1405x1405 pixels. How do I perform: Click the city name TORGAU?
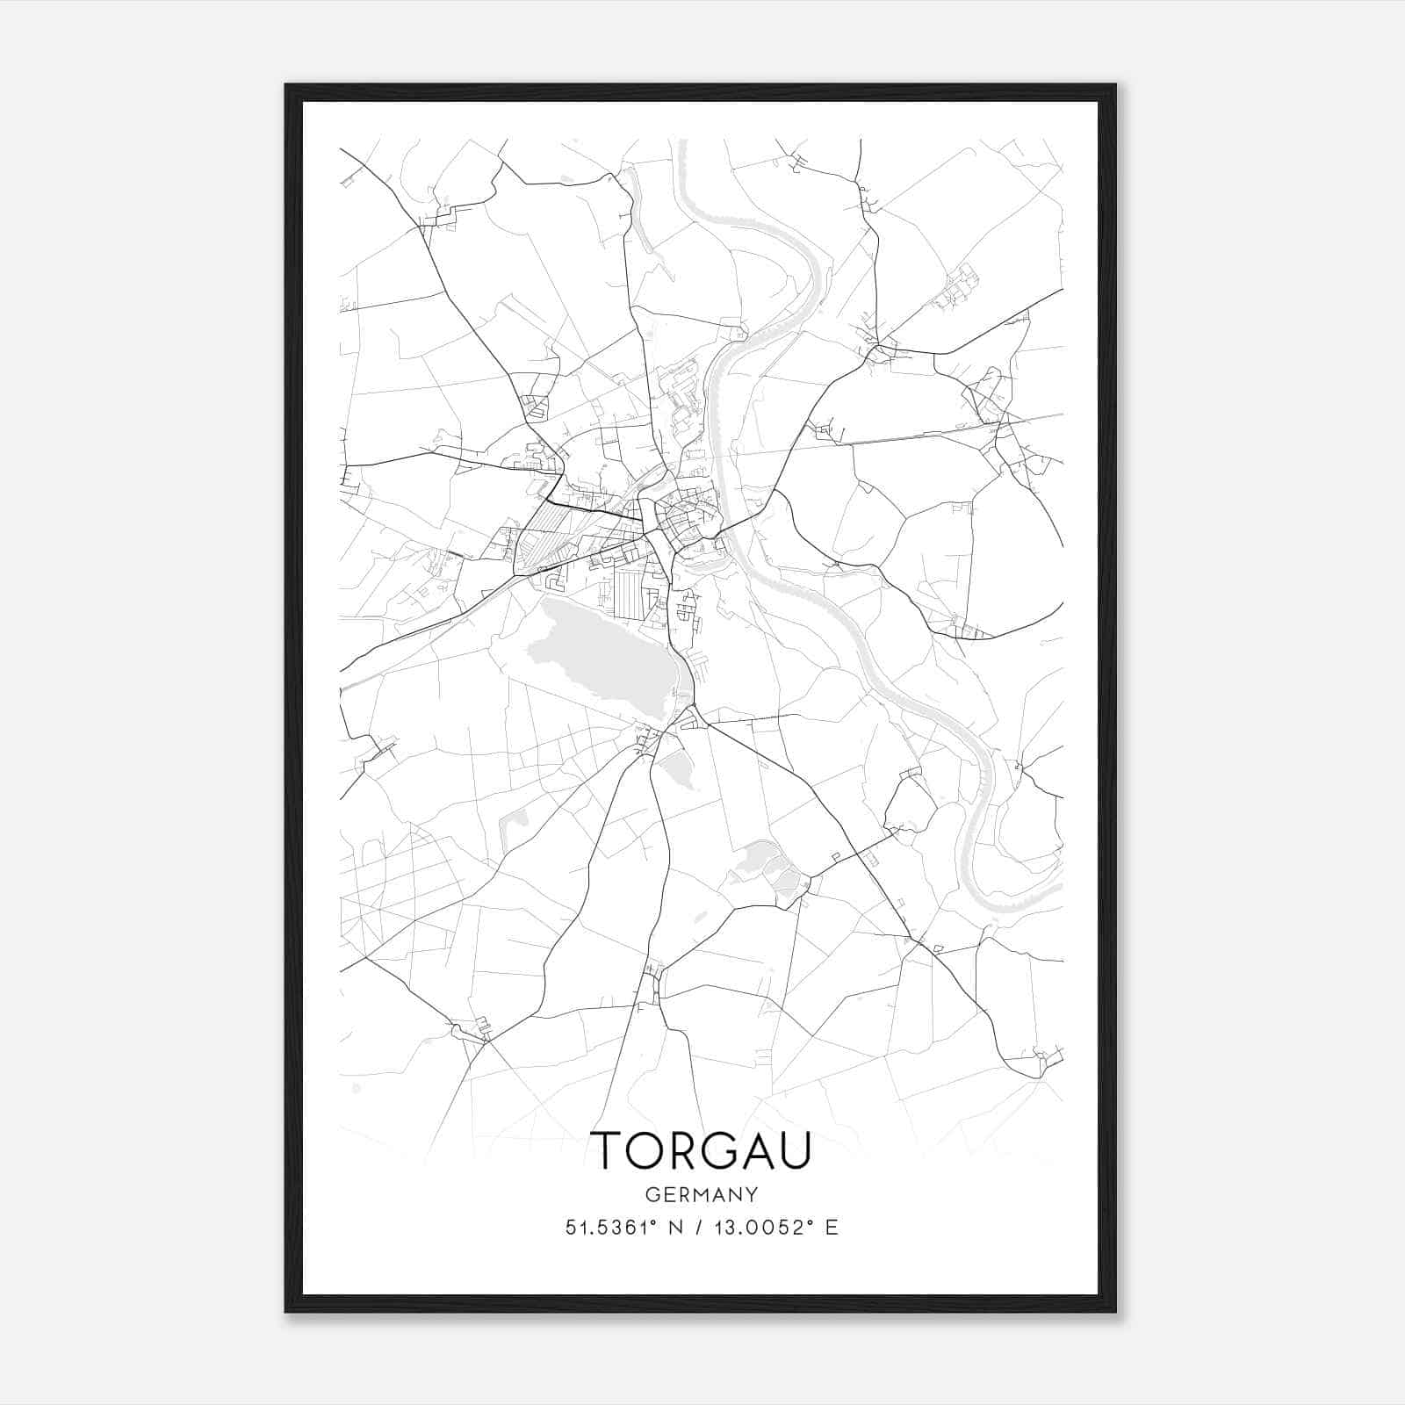click(x=702, y=1150)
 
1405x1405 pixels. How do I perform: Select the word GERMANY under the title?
click(x=702, y=1195)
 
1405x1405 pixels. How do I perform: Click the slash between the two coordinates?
click(x=697, y=1228)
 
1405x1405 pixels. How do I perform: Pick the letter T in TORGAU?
click(x=609, y=1150)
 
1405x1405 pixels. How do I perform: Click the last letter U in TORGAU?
click(x=794, y=1150)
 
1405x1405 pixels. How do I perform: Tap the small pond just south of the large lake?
click(x=676, y=772)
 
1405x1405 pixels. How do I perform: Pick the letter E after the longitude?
click(x=832, y=1228)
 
